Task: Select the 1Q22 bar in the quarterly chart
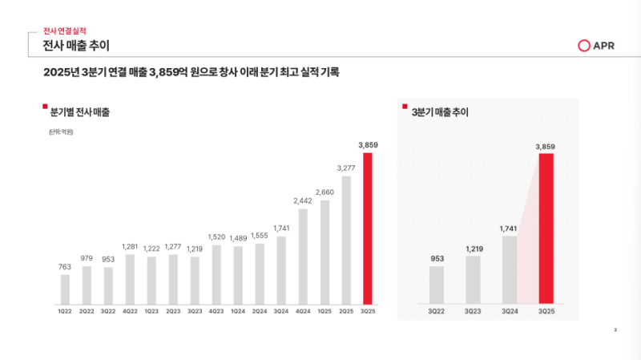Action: [65, 289]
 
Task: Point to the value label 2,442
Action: [303, 200]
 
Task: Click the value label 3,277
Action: [346, 168]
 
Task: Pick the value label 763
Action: [65, 266]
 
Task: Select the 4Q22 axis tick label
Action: [130, 311]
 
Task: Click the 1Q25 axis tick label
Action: [325, 311]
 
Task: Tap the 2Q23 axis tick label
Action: [173, 311]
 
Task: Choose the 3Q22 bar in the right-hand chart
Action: [437, 285]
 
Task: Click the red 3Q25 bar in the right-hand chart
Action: [546, 229]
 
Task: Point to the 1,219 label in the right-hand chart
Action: [474, 248]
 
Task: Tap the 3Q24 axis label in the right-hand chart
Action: [510, 311]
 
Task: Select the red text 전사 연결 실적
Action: [65, 29]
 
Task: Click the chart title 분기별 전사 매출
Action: [79, 111]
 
